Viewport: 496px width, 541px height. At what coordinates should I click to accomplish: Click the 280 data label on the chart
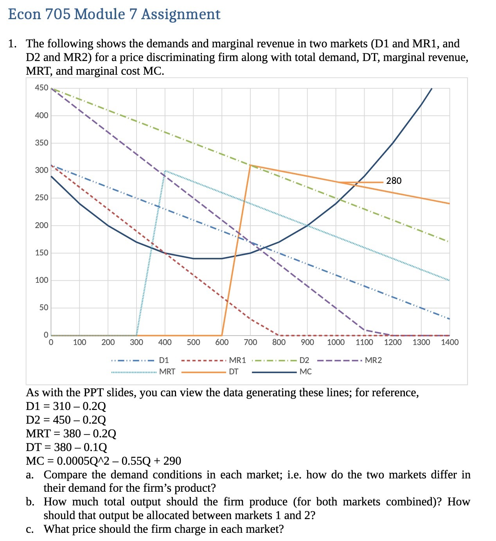coord(394,181)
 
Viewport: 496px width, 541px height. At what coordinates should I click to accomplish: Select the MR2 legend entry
coord(373,360)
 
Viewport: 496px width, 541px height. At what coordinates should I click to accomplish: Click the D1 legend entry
coord(164,360)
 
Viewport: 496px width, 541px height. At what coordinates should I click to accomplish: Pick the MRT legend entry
coord(167,372)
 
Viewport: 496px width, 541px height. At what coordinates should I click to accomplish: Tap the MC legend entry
coord(306,372)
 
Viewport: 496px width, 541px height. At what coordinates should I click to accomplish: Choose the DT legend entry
coord(234,372)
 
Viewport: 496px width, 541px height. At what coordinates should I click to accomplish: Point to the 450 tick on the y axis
coord(41,88)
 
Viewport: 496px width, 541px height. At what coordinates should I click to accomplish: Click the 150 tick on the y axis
coord(41,253)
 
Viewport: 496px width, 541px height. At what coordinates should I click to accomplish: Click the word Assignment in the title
coord(181,14)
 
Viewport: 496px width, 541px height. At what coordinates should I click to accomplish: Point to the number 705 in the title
coord(58,14)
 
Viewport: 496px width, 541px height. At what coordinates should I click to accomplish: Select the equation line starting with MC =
coord(103,461)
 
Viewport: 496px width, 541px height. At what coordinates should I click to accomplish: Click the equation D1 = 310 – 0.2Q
coord(66,406)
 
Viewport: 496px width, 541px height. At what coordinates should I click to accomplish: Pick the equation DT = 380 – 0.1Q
coord(66,447)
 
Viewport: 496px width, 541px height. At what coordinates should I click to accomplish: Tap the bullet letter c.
coord(29,529)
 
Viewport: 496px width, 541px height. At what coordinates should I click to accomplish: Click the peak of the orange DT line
coord(250,165)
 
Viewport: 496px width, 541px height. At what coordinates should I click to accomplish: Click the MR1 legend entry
coord(237,360)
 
